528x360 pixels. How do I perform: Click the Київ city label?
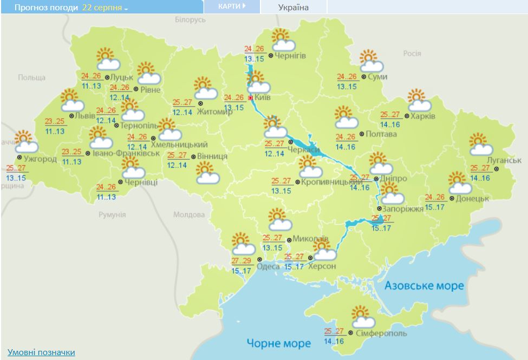point(263,97)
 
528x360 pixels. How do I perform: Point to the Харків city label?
point(423,116)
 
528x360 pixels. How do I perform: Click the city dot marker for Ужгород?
point(19,158)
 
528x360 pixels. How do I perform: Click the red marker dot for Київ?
point(250,98)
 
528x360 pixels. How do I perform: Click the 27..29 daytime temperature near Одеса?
point(241,261)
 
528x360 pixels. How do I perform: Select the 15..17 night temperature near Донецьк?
point(435,207)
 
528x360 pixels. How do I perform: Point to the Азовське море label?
point(424,285)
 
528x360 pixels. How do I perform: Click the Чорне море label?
point(279,343)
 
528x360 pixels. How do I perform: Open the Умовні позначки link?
point(41,352)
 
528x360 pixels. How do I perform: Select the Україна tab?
point(294,7)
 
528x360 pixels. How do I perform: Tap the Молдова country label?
point(189,215)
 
